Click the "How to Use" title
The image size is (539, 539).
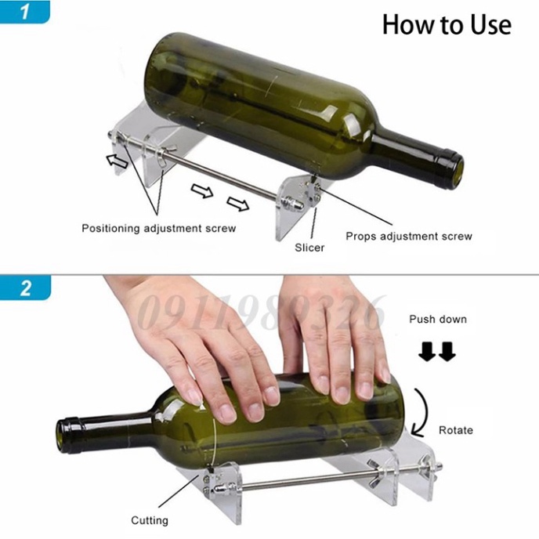[x=447, y=25]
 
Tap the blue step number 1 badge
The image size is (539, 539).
[x=25, y=11]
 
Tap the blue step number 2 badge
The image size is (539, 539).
[x=25, y=288]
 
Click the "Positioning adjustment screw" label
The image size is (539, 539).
[x=159, y=229]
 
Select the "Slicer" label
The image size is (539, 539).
[x=309, y=248]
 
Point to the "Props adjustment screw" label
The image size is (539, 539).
[x=409, y=237]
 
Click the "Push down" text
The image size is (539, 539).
[x=438, y=320]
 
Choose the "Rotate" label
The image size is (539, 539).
[x=456, y=430]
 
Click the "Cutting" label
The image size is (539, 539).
[x=150, y=520]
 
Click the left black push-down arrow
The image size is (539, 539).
[x=427, y=352]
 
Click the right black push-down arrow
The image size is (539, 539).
[x=447, y=352]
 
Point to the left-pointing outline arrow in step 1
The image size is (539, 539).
[x=118, y=161]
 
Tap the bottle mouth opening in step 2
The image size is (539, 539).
[x=61, y=435]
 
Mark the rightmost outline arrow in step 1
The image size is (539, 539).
[x=238, y=204]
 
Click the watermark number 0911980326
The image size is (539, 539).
[x=262, y=313]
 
